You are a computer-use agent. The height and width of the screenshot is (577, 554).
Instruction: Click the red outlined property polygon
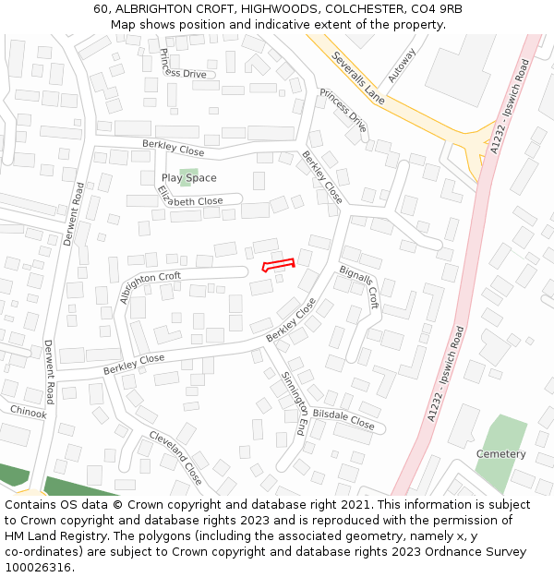point(280,265)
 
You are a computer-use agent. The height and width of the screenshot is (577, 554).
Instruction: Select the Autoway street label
point(403,66)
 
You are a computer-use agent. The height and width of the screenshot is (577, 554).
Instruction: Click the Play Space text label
point(189,178)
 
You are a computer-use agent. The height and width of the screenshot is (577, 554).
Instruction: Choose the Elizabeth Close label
point(189,197)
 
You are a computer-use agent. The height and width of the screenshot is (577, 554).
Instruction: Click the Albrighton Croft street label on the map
point(151,287)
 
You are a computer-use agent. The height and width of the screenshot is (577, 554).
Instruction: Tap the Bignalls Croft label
point(359,285)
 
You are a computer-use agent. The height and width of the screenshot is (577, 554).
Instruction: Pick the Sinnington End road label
point(295,403)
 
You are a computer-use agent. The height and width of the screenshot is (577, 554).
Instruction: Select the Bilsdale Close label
point(343,420)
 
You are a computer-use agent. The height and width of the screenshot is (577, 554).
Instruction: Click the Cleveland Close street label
point(175,457)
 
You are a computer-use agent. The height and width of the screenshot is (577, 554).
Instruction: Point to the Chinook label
point(28,413)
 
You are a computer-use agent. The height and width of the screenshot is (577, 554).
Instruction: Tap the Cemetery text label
point(500,454)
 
